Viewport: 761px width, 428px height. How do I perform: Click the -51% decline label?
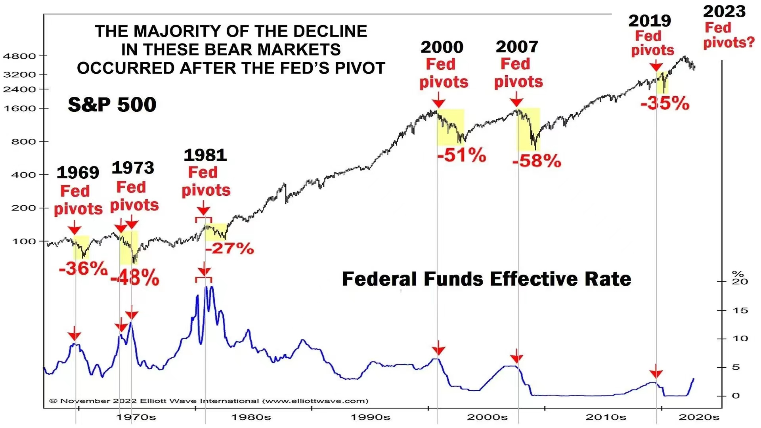[x=462, y=155]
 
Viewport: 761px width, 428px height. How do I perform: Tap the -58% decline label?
[x=537, y=161]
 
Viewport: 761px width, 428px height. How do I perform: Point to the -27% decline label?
[x=229, y=248]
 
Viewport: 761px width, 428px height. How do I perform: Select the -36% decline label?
[x=83, y=268]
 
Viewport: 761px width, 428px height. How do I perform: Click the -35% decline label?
[x=665, y=103]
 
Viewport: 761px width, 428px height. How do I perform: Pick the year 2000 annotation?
[x=442, y=47]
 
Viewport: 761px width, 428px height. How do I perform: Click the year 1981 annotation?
[x=205, y=155]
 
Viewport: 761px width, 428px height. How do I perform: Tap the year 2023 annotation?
[x=724, y=11]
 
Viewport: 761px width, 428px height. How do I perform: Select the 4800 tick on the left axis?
[x=19, y=56]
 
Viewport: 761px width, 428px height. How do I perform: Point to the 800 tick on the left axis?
[x=24, y=141]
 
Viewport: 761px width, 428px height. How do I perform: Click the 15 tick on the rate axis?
[x=740, y=310]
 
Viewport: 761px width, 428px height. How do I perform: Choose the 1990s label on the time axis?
[x=370, y=417]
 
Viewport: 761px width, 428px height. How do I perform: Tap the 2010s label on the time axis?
[x=606, y=417]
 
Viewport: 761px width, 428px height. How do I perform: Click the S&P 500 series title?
[x=112, y=105]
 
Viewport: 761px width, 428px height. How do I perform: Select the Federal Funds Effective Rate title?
[x=486, y=279]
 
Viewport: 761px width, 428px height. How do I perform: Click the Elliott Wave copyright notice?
[x=209, y=401]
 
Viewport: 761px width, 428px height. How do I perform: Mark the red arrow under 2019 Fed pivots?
[x=656, y=65]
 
